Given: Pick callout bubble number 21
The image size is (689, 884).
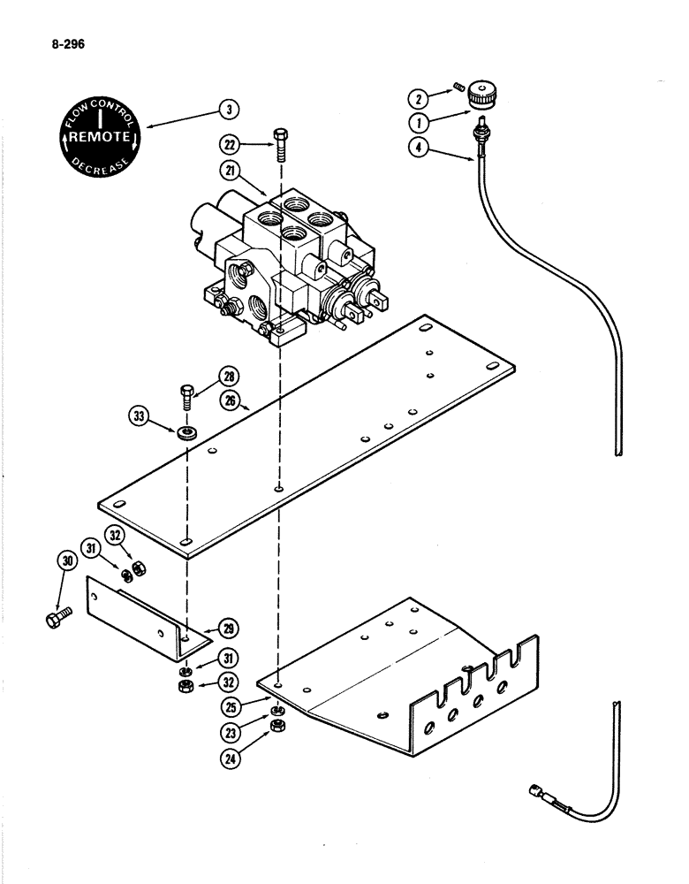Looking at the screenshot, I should (x=232, y=171).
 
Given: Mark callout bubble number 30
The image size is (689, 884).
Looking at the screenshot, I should (x=65, y=559).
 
